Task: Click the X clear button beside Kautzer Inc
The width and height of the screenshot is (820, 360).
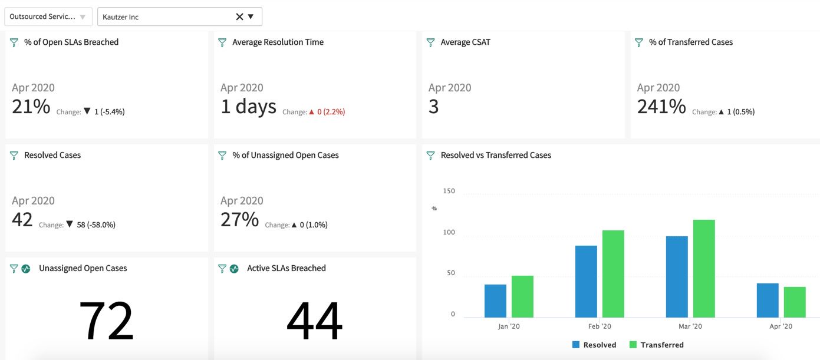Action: pos(239,16)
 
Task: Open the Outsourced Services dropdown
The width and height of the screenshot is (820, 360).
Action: pos(48,16)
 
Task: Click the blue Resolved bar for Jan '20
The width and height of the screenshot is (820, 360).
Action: pos(495,300)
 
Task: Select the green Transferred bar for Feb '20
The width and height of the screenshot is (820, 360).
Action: pos(613,273)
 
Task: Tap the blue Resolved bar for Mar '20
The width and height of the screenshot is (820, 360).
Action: pos(677,276)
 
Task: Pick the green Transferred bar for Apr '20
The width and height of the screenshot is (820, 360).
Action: pos(795,302)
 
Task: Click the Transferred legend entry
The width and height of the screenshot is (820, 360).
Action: pos(656,345)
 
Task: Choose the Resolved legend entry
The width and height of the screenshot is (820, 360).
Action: pos(594,345)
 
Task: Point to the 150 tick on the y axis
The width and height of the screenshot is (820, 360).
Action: pos(449,191)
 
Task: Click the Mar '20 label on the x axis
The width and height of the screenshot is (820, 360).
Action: pos(690,326)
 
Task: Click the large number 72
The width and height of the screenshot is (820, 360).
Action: pos(106,321)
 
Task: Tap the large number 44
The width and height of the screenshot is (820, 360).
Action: pos(314,321)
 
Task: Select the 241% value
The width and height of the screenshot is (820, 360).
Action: pos(661,107)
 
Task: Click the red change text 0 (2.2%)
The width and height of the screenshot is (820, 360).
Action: pos(331,111)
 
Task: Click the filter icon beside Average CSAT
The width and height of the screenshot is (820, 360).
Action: pos(430,42)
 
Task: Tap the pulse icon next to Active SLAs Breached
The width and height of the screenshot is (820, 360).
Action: pos(234,269)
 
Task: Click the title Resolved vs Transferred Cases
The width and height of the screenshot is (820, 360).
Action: pos(496,155)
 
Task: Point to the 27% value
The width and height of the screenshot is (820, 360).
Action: pos(239,220)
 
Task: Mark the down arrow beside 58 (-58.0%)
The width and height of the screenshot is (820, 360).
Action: pos(70,224)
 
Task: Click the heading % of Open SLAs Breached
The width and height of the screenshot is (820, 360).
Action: pos(71,42)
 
